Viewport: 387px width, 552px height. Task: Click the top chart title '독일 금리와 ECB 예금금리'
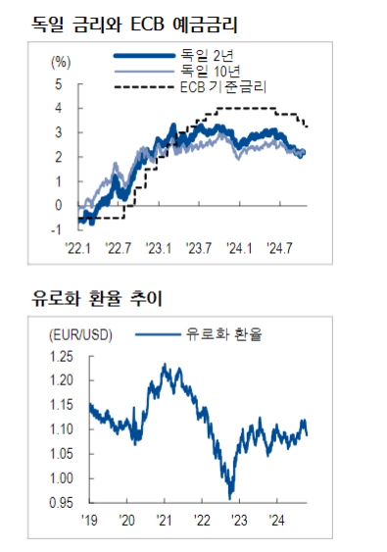[x=136, y=21]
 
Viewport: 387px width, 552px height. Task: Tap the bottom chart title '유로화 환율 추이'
[x=96, y=298]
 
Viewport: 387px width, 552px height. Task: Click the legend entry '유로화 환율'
[x=228, y=334]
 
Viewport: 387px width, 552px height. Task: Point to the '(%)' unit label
[x=61, y=62]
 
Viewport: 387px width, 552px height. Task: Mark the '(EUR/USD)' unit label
[x=80, y=334]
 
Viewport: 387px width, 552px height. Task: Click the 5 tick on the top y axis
[x=58, y=83]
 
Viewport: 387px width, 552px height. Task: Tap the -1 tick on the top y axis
[x=56, y=229]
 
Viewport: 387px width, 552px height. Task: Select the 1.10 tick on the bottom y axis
[x=64, y=429]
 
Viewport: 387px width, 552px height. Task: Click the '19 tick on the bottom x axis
[x=91, y=521]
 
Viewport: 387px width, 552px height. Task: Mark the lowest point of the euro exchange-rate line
[x=231, y=497]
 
